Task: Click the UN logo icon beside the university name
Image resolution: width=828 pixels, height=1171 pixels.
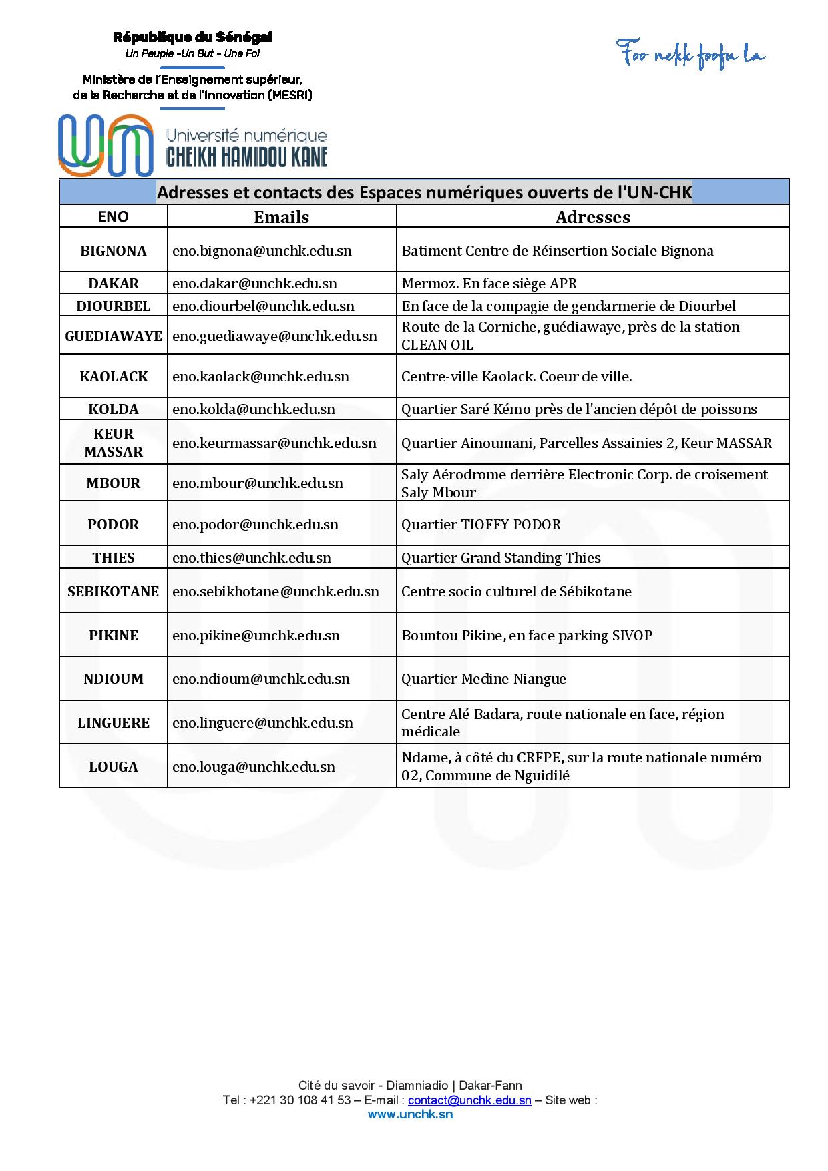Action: [105, 145]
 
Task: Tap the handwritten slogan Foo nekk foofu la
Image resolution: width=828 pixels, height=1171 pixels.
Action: [690, 54]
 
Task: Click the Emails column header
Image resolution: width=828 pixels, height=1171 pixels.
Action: [281, 217]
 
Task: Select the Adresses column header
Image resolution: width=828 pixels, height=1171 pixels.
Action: [592, 217]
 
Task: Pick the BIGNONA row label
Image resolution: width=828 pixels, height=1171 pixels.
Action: [114, 251]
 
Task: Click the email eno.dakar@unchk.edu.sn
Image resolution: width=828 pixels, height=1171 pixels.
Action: [254, 284]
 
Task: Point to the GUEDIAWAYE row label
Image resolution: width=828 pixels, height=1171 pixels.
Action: [114, 336]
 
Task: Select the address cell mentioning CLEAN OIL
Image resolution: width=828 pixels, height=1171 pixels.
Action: [570, 336]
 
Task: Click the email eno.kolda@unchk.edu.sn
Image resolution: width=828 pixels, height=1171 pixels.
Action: [254, 409]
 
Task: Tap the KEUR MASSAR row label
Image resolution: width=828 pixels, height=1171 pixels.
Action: [114, 443]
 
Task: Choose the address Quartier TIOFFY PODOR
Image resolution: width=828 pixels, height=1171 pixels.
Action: [481, 525]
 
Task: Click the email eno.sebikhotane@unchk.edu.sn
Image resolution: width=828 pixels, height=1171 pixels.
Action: [275, 592]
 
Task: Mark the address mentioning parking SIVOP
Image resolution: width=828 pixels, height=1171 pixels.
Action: [526, 636]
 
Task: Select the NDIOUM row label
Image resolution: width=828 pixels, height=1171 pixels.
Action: [114, 679]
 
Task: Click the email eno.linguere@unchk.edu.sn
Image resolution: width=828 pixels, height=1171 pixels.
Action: [262, 723]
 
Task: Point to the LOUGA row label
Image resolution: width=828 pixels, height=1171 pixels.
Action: [114, 767]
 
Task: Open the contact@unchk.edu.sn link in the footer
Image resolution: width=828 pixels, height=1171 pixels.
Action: [469, 1100]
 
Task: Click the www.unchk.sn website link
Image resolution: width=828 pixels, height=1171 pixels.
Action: [410, 1114]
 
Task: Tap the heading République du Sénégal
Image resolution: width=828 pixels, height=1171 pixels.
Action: [192, 37]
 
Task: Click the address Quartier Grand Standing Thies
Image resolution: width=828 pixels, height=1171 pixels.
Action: [501, 558]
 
